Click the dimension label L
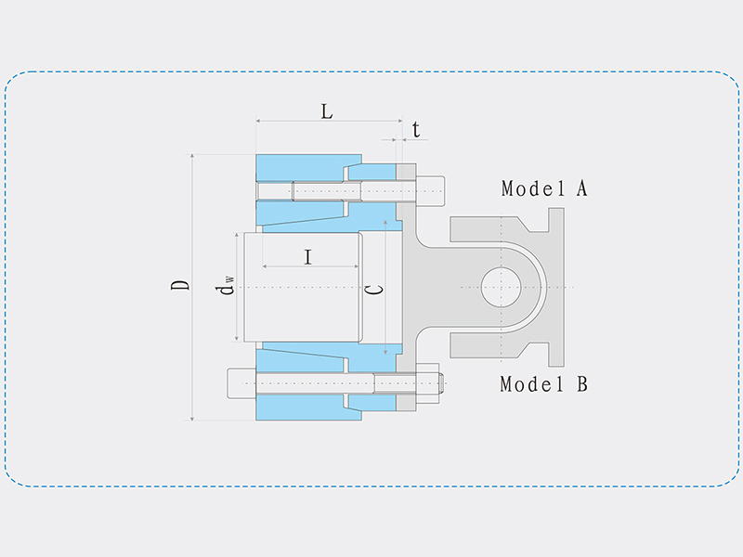click(x=326, y=111)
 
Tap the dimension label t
click(x=416, y=129)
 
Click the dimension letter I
click(x=307, y=257)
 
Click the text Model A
click(x=544, y=188)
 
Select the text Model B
click(x=543, y=383)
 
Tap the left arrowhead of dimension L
click(x=259, y=121)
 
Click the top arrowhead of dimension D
click(x=192, y=157)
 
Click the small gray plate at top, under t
click(x=406, y=172)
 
